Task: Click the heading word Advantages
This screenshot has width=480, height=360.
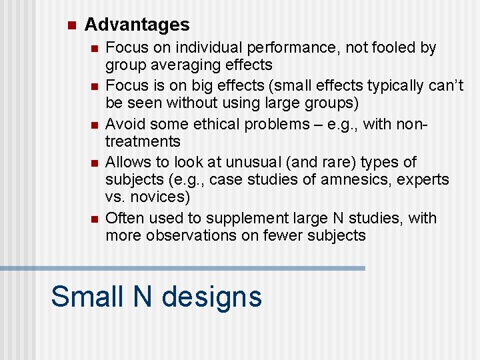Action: [x=137, y=25]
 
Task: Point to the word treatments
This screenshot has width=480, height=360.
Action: [x=143, y=141]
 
